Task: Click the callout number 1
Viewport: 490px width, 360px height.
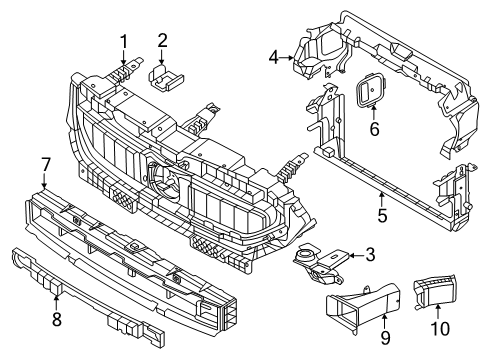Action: click(124, 42)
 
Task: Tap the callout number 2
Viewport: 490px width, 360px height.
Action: click(162, 41)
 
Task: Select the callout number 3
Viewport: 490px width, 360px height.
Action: click(370, 255)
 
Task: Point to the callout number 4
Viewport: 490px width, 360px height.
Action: click(274, 58)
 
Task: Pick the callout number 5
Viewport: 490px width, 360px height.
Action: click(382, 215)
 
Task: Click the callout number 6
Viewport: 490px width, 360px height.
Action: click(375, 129)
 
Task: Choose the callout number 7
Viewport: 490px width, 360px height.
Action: click(45, 165)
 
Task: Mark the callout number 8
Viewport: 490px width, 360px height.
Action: click(57, 320)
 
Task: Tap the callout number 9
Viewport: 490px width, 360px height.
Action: click(385, 338)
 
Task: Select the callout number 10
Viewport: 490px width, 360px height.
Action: click(440, 329)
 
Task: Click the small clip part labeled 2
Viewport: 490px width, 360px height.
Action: click(165, 78)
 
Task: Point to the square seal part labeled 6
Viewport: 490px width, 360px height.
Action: click(371, 90)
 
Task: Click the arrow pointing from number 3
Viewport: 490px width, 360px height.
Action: click(357, 256)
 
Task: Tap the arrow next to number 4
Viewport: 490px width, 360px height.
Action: click(286, 58)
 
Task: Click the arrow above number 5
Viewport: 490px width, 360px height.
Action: click(382, 199)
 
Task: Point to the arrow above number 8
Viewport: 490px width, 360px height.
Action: click(56, 303)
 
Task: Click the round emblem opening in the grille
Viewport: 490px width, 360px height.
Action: click(168, 179)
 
